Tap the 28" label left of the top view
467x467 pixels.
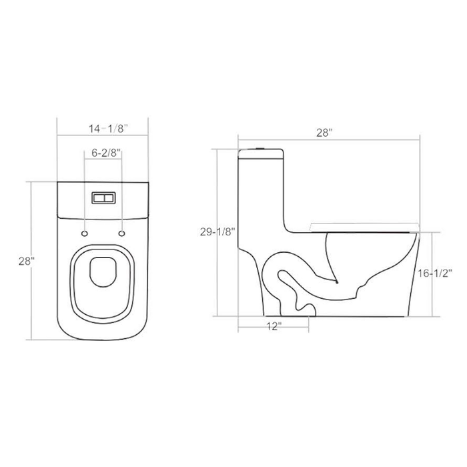(x=26, y=262)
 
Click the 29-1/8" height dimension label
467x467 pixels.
(x=216, y=231)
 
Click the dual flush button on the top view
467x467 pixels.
(x=102, y=198)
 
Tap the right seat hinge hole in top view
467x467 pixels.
(x=121, y=233)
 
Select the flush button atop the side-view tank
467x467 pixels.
(x=262, y=147)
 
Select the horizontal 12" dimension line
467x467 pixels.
(x=274, y=318)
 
